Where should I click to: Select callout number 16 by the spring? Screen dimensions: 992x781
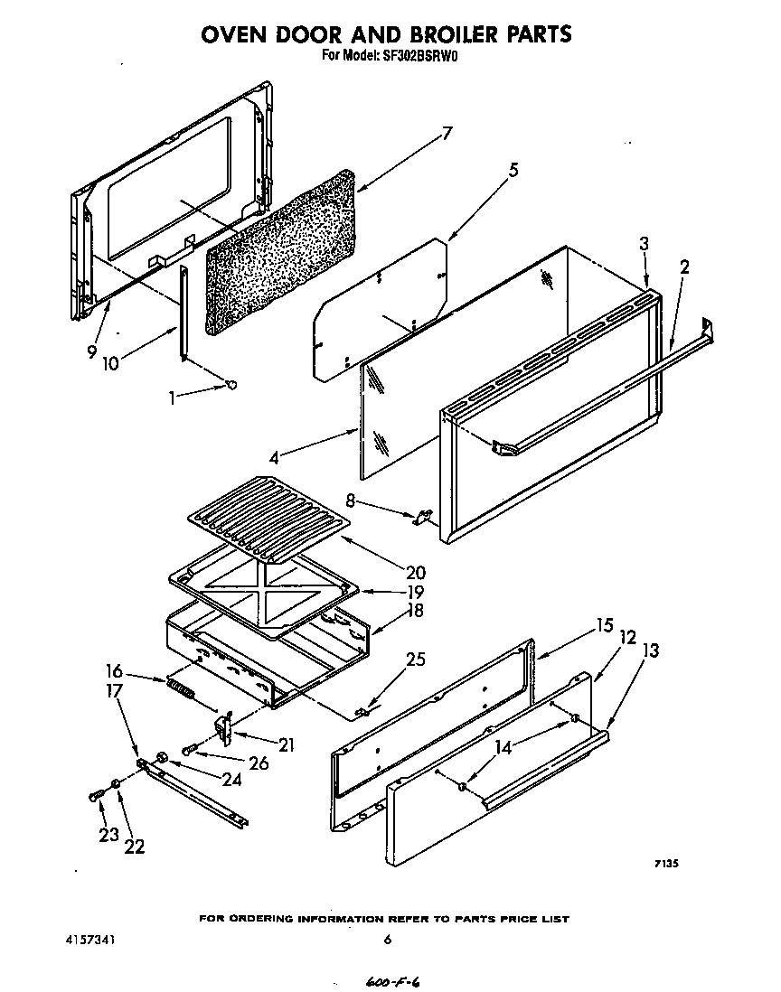pos(114,670)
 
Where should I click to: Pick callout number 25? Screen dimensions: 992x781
pos(415,659)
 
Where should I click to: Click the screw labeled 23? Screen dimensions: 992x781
pos(95,795)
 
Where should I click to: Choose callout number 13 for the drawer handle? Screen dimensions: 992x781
pos(649,650)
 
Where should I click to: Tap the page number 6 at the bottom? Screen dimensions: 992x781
pos(387,940)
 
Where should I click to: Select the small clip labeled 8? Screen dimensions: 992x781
pos(421,518)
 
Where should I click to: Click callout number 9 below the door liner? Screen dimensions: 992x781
pos(91,353)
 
